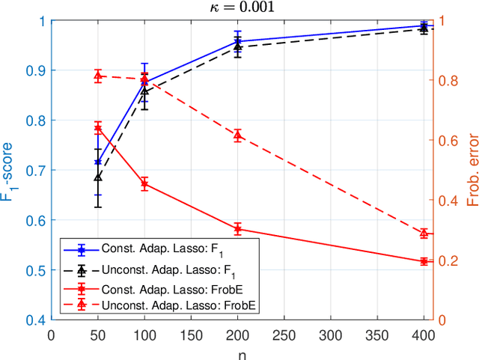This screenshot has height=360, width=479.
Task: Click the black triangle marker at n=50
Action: click(97, 177)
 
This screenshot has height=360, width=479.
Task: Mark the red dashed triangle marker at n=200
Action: click(237, 135)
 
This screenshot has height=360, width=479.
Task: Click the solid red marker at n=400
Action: click(424, 261)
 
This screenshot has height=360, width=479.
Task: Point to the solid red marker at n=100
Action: click(144, 183)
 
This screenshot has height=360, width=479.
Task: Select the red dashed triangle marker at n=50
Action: click(97, 76)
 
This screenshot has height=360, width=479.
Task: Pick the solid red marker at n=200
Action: click(237, 229)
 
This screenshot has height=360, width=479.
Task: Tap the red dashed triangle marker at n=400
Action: click(424, 234)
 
